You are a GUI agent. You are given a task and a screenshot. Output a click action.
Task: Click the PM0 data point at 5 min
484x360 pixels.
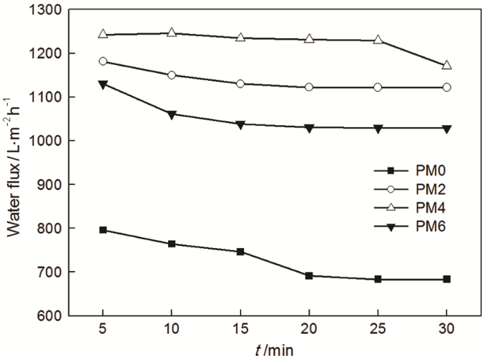(x=103, y=229)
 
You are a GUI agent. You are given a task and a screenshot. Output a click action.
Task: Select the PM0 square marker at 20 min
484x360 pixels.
(x=309, y=276)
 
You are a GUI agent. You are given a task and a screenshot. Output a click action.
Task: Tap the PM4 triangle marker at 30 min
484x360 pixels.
(x=447, y=65)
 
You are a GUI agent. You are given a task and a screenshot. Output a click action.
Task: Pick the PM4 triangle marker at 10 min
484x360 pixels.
(x=171, y=32)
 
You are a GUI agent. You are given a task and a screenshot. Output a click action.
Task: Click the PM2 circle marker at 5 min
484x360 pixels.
(x=103, y=61)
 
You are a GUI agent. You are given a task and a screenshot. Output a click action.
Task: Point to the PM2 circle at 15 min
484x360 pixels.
(x=241, y=84)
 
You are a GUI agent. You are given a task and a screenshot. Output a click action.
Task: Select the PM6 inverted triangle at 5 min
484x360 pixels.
(x=103, y=84)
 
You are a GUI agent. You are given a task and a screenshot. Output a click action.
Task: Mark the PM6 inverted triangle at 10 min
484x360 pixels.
(x=171, y=114)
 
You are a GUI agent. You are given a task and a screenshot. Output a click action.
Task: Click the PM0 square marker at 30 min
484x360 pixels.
(x=447, y=279)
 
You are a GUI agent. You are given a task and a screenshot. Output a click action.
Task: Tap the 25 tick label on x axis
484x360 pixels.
(x=378, y=330)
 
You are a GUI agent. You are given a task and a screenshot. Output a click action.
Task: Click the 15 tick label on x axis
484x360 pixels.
(x=241, y=330)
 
